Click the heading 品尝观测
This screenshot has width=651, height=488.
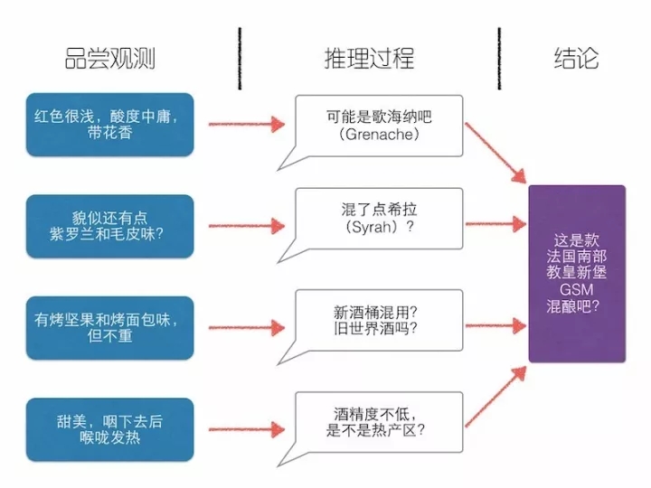[x=110, y=59]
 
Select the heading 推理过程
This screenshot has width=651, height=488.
[x=370, y=59]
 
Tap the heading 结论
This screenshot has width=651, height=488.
[x=576, y=59]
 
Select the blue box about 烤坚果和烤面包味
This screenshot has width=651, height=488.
[x=111, y=328]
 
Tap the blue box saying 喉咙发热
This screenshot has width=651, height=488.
[x=111, y=428]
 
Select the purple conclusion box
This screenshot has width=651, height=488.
[x=577, y=273]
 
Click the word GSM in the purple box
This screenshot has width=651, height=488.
[x=577, y=289]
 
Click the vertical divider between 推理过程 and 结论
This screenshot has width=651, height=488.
[x=499, y=59]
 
